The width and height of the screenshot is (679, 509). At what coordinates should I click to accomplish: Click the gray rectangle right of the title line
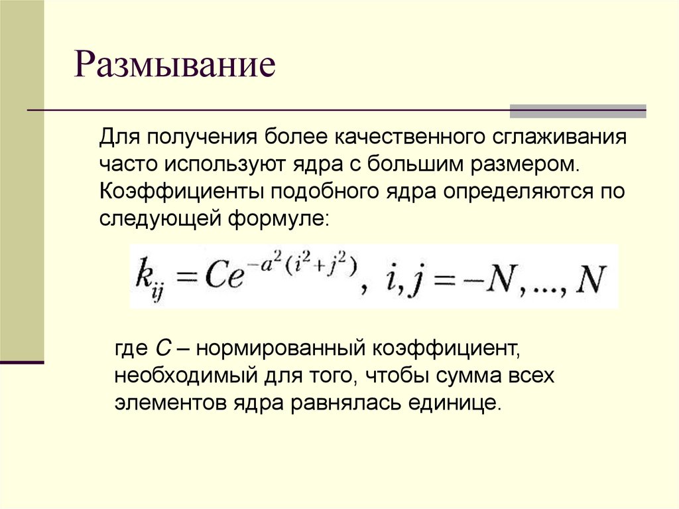(x=578, y=111)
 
